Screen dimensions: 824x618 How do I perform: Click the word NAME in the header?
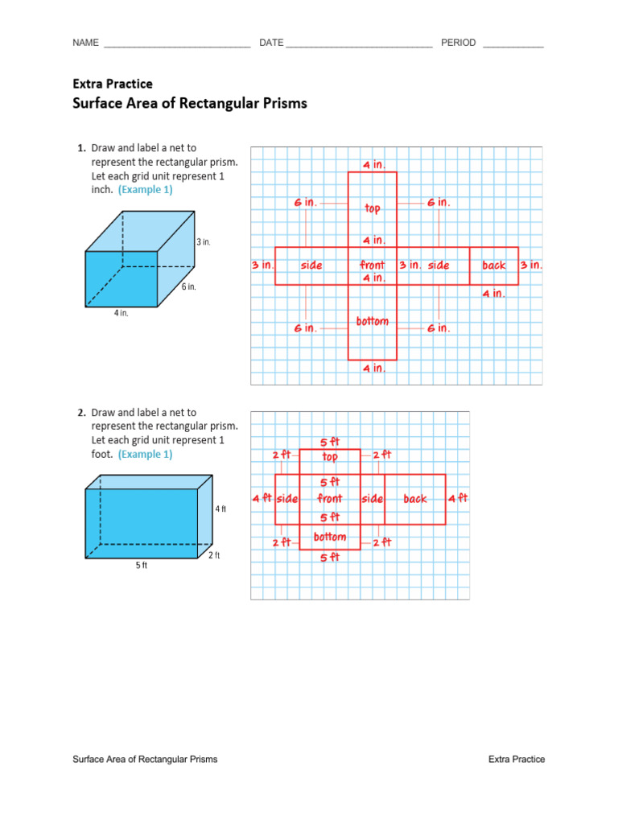point(85,43)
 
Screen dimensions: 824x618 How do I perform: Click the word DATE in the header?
point(271,43)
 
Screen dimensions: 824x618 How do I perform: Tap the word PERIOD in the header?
point(459,43)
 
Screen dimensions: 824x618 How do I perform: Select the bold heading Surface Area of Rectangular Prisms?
point(190,103)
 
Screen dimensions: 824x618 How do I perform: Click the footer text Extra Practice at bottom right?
point(517,759)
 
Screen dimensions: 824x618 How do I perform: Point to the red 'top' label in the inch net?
point(373,208)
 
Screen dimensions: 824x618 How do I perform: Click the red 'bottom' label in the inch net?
point(373,322)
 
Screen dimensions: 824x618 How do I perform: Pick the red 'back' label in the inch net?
point(494,265)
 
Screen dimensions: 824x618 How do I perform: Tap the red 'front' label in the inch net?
point(373,265)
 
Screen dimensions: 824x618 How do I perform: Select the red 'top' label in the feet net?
point(330,457)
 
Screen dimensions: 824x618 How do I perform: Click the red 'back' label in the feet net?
point(415,499)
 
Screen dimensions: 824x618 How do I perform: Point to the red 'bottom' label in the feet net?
point(330,537)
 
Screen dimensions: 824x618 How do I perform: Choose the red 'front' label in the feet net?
point(330,499)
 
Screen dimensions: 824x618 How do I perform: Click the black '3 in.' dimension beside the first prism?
point(203,241)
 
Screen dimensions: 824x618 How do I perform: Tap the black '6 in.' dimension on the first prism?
point(188,286)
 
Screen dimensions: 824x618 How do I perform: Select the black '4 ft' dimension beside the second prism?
point(220,509)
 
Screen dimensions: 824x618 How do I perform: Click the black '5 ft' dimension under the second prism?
point(142,566)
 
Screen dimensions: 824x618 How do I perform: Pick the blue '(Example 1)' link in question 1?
point(145,190)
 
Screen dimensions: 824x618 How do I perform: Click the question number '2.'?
point(81,412)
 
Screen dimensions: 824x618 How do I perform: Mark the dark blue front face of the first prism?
point(122,278)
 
